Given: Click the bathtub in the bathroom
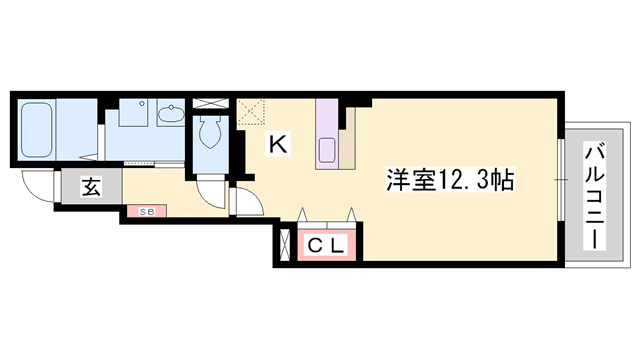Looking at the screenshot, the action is pyautogui.click(x=36, y=130).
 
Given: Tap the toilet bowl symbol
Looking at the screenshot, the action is pyautogui.click(x=210, y=131).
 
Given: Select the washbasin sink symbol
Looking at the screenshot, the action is pyautogui.click(x=171, y=113).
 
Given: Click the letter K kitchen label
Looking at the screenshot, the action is pyautogui.click(x=278, y=144).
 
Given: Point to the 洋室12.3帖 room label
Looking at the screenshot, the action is pyautogui.click(x=450, y=179).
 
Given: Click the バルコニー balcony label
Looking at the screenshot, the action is pyautogui.click(x=595, y=196).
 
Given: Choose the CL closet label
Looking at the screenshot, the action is pyautogui.click(x=326, y=246).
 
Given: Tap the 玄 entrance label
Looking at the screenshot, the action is pyautogui.click(x=91, y=187).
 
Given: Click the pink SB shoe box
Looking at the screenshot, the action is pyautogui.click(x=147, y=211).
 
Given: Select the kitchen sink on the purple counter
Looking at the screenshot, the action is pyautogui.click(x=327, y=150).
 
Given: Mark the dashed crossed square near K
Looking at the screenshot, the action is pyautogui.click(x=251, y=111).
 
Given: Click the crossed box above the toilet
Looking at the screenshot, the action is pyautogui.click(x=210, y=104).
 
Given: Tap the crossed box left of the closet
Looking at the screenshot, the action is pyautogui.click(x=285, y=245).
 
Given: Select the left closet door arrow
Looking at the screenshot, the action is pyautogui.click(x=302, y=214).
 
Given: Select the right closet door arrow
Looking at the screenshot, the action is pyautogui.click(x=351, y=214).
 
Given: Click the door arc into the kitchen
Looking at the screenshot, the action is pyautogui.click(x=249, y=201).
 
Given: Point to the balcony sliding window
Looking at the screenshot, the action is pyautogui.click(x=561, y=180).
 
